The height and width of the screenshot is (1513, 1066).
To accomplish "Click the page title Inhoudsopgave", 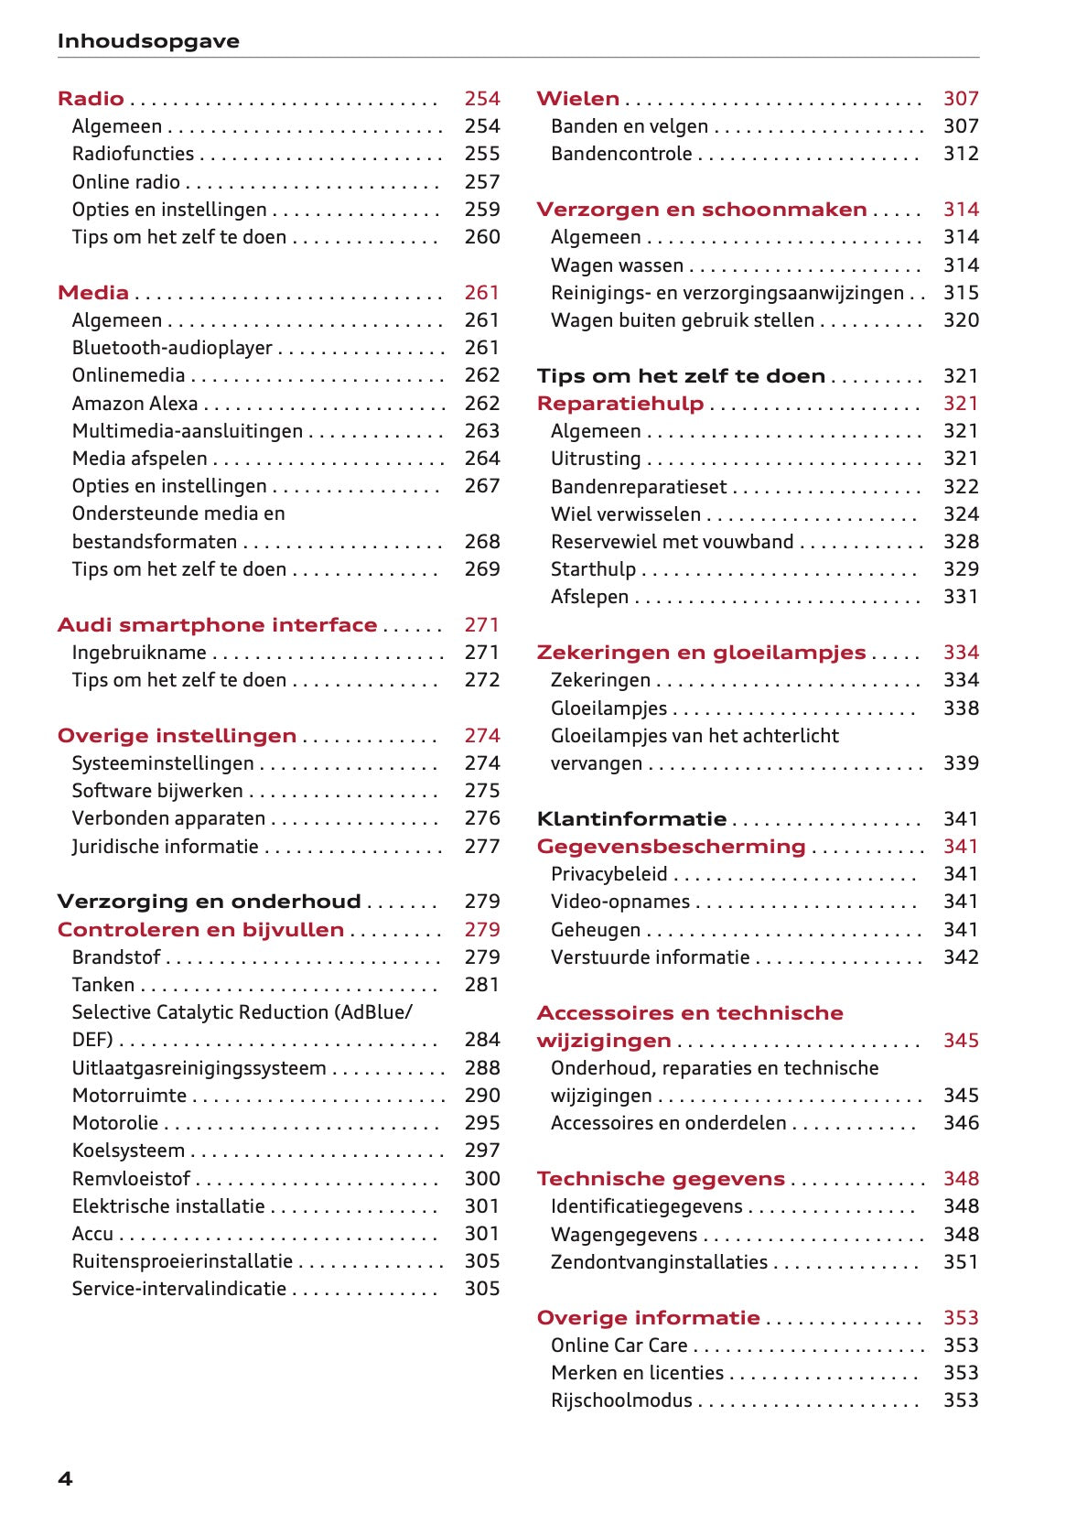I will (148, 41).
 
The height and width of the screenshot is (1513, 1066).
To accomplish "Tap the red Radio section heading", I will (91, 99).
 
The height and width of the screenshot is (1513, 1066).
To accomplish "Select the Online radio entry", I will (126, 182).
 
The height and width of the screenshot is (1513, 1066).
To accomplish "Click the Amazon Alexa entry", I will (135, 404).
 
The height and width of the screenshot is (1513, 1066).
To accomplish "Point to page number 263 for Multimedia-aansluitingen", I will (481, 431).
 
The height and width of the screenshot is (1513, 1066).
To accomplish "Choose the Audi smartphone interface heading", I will (217, 625).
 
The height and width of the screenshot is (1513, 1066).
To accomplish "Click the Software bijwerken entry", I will (157, 791).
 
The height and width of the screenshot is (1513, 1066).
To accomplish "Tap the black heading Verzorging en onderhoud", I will (209, 902).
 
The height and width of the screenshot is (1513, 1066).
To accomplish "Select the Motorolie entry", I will (115, 1123).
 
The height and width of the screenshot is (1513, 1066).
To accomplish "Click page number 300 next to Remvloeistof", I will (481, 1179).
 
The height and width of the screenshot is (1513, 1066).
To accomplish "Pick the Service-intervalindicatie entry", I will (179, 1289).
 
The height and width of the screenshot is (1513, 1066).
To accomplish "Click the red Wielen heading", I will (577, 99).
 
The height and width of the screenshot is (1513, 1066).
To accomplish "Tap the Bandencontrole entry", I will (621, 154).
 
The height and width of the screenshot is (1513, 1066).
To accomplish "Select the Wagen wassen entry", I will (617, 265).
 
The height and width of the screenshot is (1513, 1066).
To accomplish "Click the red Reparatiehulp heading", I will (619, 404).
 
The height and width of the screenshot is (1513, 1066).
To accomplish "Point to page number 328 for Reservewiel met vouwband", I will (961, 542).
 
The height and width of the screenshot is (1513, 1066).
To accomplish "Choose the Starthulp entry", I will (593, 569).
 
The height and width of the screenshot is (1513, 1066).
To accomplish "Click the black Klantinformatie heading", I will (631, 819).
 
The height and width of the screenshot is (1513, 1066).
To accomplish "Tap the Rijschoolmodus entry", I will (621, 1400).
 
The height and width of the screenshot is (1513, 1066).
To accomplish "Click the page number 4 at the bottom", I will (65, 1479).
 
